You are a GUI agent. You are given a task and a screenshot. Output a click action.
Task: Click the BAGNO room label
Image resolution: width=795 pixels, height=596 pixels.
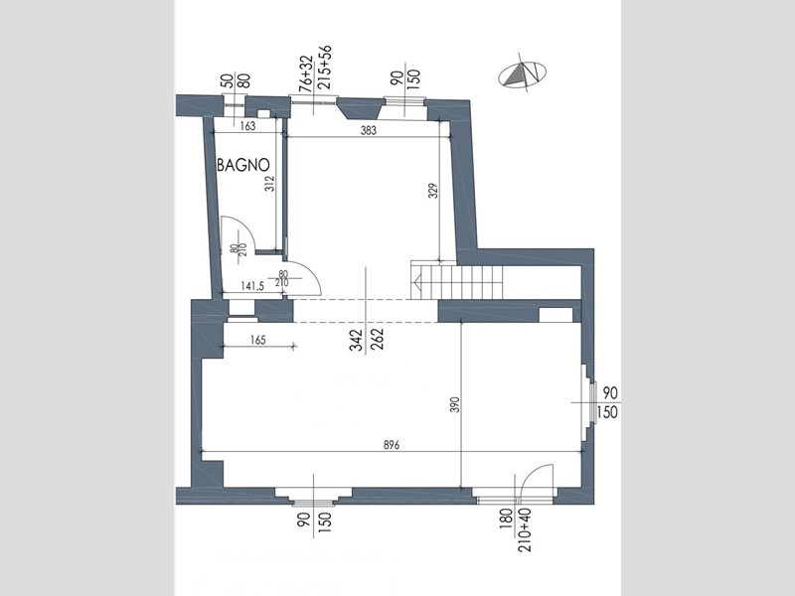click(x=243, y=165)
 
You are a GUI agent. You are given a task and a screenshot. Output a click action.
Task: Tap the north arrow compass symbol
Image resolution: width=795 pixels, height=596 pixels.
click(x=524, y=74)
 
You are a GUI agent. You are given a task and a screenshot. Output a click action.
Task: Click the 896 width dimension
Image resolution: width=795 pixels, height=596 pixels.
click(x=392, y=445)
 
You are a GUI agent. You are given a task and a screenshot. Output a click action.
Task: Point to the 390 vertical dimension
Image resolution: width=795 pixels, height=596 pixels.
click(x=455, y=404)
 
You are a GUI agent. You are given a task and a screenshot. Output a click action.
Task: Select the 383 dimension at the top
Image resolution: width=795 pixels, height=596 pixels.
click(x=369, y=130)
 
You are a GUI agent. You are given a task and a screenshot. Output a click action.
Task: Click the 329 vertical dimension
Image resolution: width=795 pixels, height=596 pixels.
click(x=433, y=190)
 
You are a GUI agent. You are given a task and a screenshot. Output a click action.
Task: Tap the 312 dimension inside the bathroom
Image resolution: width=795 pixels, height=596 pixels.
click(x=269, y=183)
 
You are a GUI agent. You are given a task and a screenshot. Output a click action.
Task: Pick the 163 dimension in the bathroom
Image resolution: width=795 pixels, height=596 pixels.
click(x=247, y=126)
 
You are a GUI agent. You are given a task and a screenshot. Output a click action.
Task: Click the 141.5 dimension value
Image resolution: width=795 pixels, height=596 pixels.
click(x=252, y=286)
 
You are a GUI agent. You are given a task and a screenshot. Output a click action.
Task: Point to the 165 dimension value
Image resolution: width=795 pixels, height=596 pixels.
click(x=258, y=340)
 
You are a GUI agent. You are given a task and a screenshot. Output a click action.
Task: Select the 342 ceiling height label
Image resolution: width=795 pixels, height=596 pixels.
click(x=357, y=340)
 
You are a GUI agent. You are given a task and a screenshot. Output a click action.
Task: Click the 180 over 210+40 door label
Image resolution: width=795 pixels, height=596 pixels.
click(x=517, y=529)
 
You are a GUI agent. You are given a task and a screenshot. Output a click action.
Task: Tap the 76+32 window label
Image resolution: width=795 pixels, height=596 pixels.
click(x=305, y=74)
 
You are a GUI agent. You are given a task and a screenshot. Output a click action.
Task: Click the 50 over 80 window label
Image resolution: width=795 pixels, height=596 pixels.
click(x=236, y=81)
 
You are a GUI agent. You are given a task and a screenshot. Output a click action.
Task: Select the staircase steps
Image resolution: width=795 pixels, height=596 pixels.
click(x=457, y=281)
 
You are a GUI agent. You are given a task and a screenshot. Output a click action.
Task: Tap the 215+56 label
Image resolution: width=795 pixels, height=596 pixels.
click(x=325, y=68)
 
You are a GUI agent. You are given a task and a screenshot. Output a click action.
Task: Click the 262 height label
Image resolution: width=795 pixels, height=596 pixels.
click(x=378, y=340)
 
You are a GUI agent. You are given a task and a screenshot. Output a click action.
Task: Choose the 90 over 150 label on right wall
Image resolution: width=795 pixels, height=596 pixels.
click(x=607, y=402)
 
